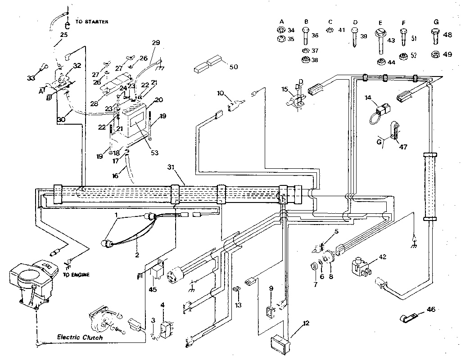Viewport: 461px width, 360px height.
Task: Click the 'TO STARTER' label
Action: tap(92, 22)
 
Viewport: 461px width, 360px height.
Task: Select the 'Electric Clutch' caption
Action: tap(80, 337)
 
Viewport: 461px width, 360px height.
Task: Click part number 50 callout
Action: tap(233, 67)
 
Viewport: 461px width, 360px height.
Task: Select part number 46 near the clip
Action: tap(431, 310)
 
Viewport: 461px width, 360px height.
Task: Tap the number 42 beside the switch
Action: tap(383, 257)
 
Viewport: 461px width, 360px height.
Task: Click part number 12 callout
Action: tap(306, 323)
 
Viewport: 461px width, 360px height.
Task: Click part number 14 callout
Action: tap(368, 97)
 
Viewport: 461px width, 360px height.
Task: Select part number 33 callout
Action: tap(30, 78)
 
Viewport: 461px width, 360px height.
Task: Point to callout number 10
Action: tap(220, 93)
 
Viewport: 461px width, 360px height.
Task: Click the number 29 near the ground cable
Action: tap(156, 43)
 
